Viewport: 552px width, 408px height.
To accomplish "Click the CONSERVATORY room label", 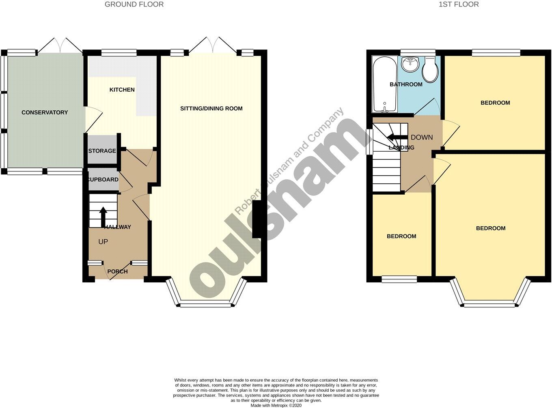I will point(45,112).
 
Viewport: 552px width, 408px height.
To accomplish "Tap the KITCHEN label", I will point(122,90).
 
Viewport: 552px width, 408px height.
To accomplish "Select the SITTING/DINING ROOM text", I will point(211,108).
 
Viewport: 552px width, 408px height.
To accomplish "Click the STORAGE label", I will point(102,151).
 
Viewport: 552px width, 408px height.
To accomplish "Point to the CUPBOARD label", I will point(103,179).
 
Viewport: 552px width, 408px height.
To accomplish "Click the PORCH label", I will point(117,271).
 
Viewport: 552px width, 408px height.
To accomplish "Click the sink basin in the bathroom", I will point(410,64).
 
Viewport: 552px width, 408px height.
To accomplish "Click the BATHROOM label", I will point(406,84).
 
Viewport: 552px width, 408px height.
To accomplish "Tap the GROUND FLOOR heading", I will point(134,4).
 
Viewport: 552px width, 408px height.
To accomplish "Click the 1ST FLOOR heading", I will point(459,4).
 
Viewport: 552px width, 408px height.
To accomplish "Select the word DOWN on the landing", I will point(422,137).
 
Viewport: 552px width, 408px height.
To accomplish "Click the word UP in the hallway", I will point(103,241).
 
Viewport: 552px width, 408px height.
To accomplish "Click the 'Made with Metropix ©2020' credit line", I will point(276,405).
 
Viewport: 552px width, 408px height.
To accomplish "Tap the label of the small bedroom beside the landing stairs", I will point(401,236).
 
